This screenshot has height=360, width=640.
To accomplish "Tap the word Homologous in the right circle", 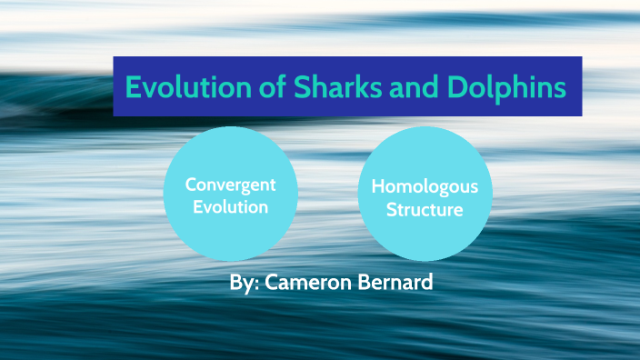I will point(425,187).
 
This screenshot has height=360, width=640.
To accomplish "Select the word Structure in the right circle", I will point(425,210).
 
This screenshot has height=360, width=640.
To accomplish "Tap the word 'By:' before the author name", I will point(245,283).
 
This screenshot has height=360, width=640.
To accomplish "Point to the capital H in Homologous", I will point(379,187).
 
